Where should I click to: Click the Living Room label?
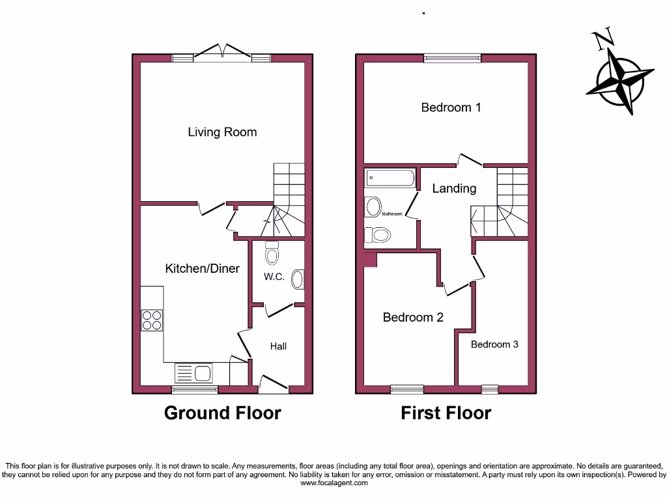(x=222, y=132)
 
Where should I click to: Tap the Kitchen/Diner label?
(x=202, y=268)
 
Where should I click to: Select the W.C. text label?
(x=274, y=277)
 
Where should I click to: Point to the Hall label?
(x=278, y=346)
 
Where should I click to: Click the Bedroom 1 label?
(x=451, y=107)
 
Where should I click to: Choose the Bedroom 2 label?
(x=413, y=318)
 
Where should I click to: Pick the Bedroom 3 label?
(x=494, y=344)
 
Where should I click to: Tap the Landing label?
(x=454, y=188)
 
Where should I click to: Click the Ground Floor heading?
(x=222, y=413)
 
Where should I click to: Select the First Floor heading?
(x=446, y=413)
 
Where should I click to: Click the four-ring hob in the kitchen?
(x=152, y=320)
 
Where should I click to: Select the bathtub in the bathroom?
(x=390, y=178)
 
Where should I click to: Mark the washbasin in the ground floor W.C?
(x=297, y=279)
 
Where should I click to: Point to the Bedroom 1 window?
(x=452, y=58)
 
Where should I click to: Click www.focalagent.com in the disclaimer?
(x=333, y=483)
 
